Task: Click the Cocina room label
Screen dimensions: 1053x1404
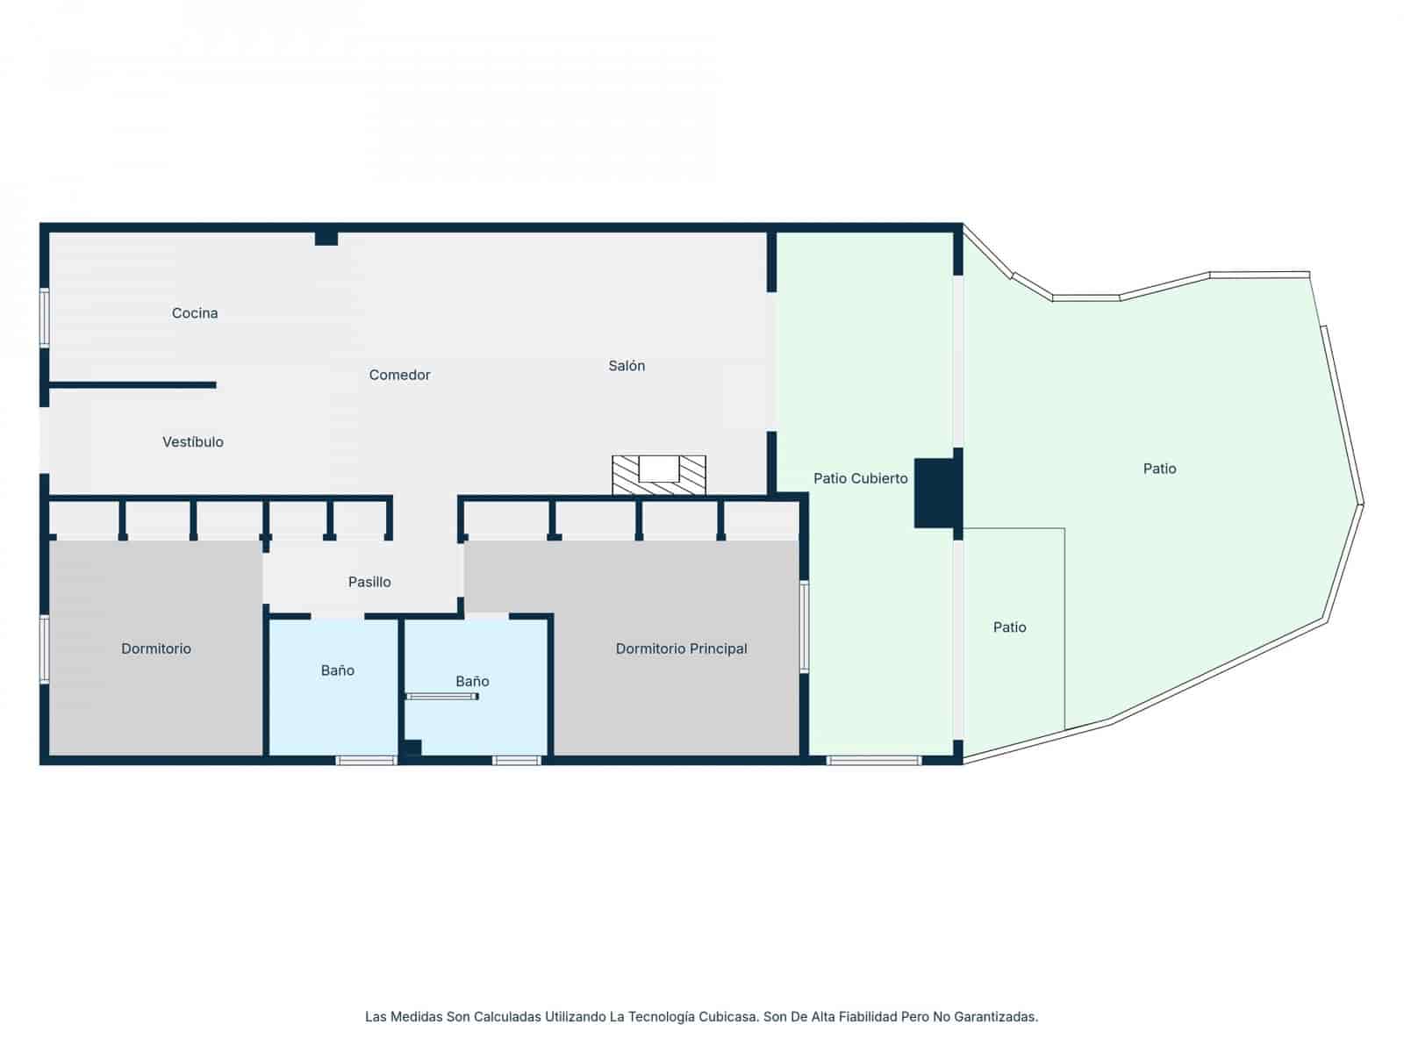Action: [x=195, y=313]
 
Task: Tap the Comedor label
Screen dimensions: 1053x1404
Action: [x=399, y=376]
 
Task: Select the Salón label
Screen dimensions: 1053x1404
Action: [x=627, y=366]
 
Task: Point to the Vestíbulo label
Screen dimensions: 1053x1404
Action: [x=192, y=442]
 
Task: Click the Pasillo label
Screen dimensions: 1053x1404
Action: [x=369, y=582]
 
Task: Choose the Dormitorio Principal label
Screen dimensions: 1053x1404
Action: [x=681, y=649]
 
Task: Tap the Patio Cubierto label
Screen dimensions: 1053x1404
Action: [x=860, y=479]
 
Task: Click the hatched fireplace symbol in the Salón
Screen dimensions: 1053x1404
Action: [x=659, y=476]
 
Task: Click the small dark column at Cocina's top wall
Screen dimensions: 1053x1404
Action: [x=326, y=238]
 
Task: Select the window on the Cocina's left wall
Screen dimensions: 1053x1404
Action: [x=44, y=319]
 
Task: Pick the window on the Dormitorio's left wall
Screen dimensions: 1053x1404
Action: [x=44, y=649]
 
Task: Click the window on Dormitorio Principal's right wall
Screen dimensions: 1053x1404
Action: [x=804, y=627]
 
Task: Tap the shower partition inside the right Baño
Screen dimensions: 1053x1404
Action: [x=442, y=697]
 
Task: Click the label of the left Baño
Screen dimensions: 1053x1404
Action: [x=337, y=671]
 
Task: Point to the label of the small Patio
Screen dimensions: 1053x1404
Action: [x=1009, y=627]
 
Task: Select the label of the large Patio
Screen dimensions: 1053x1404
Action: [x=1159, y=469]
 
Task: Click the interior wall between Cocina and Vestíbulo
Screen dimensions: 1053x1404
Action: [x=132, y=385]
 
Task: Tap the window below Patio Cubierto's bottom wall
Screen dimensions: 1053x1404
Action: [x=874, y=761]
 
